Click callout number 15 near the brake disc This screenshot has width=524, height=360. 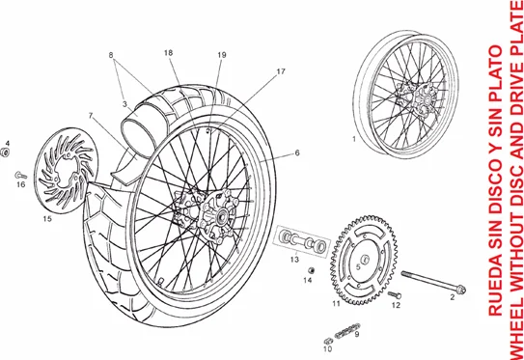tap(47, 219)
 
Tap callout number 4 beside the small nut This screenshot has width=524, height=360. tap(7, 144)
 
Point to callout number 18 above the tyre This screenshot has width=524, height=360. tap(168, 53)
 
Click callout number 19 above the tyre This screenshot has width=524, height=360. tap(222, 54)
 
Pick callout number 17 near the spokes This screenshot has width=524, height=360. tap(281, 71)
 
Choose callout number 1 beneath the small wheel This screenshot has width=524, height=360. tap(355, 139)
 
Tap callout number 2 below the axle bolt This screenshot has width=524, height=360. tap(451, 298)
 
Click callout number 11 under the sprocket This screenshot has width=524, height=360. tap(336, 304)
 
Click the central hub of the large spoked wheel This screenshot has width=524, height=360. tap(206, 213)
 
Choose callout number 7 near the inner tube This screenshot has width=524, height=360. tap(91, 116)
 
